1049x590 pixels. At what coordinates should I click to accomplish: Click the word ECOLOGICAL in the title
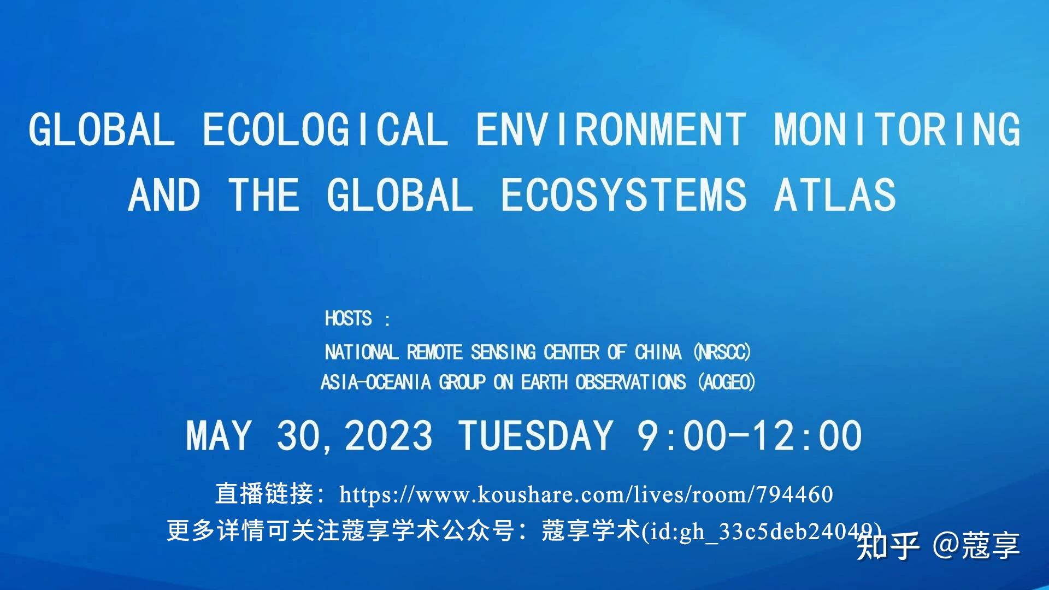point(325,129)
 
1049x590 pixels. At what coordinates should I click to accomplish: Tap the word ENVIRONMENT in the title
point(611,129)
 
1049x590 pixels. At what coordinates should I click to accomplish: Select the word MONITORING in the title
point(897,129)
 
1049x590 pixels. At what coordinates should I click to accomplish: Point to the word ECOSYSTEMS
point(623,195)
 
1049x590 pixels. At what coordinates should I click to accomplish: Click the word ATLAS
point(835,195)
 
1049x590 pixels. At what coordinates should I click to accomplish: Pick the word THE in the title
point(264,195)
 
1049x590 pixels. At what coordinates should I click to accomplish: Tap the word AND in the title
point(164,195)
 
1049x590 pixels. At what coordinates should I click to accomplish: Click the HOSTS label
point(349,318)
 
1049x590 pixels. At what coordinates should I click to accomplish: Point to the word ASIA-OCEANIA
point(376,382)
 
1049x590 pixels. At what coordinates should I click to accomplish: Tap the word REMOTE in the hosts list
point(434,352)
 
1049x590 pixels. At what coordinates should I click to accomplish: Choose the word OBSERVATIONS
point(630,382)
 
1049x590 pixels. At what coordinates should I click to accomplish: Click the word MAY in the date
point(219,436)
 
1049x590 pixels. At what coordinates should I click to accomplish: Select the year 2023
point(388,436)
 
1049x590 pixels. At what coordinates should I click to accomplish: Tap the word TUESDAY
point(535,436)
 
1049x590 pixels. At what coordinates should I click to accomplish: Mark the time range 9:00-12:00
point(750,436)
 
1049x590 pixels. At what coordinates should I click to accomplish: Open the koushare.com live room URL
point(586,494)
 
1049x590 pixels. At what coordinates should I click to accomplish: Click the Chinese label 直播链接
point(264,494)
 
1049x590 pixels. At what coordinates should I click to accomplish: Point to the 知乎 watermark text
point(888,545)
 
